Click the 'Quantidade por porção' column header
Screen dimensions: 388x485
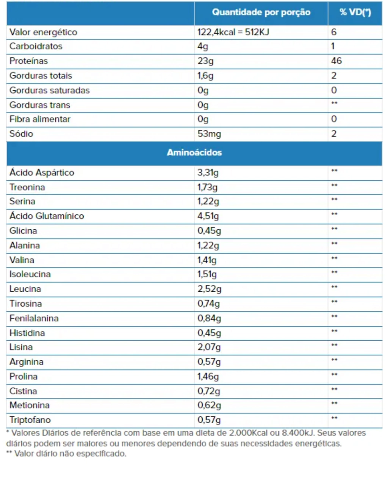(x=261, y=12)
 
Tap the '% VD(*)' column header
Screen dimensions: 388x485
(x=355, y=12)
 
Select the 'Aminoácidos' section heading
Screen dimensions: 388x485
(x=194, y=153)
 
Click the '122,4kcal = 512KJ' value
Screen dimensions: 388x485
(x=233, y=32)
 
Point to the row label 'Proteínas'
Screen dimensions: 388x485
(x=29, y=61)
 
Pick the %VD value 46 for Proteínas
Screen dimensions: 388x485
(x=336, y=61)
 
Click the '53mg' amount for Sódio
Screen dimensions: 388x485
(x=209, y=134)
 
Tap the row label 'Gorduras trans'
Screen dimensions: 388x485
(x=40, y=105)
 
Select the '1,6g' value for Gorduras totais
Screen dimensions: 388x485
(x=205, y=76)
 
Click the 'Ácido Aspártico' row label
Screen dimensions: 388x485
(x=42, y=172)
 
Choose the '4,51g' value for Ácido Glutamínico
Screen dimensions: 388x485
(x=208, y=216)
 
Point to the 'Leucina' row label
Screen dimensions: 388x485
(x=25, y=289)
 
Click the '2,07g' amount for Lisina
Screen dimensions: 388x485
(x=209, y=347)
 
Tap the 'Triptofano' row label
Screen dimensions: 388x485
(x=30, y=420)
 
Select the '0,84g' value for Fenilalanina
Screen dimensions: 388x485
(x=209, y=318)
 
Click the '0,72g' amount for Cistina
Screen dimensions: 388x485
(x=208, y=391)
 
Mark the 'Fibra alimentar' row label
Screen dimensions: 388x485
(x=40, y=119)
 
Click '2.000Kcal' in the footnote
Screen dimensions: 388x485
(x=249, y=433)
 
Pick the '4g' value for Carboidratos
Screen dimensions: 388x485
(x=203, y=47)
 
